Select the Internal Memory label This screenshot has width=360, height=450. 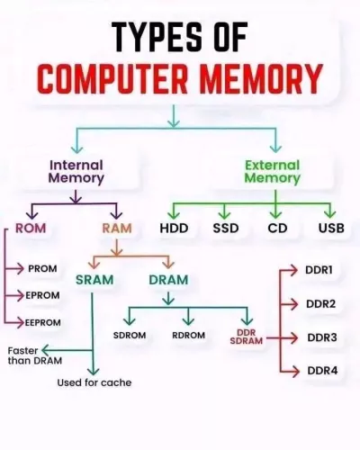pos(76,172)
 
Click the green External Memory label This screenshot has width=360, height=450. pos(273,172)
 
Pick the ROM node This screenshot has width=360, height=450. pos(31,229)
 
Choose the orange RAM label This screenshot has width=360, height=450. pos(117,229)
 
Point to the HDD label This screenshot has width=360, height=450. pos(174,229)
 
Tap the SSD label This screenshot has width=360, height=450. pos(226,229)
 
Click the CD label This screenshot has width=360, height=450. pos(277,229)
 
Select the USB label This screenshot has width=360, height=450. pos(331,229)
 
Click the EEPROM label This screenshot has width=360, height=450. pos(43,323)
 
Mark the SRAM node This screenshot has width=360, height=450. pos(94,280)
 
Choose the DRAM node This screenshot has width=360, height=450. pos(168,280)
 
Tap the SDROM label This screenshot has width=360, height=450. pos(130,335)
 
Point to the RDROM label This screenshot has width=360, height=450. pos(189,335)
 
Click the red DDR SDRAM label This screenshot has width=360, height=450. pos(247,337)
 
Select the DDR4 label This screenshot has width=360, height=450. pos(322,371)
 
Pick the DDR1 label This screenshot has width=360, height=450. pos(319,270)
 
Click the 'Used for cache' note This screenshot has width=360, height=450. pos(94,382)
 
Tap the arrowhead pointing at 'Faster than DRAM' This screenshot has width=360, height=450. pos(44,350)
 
